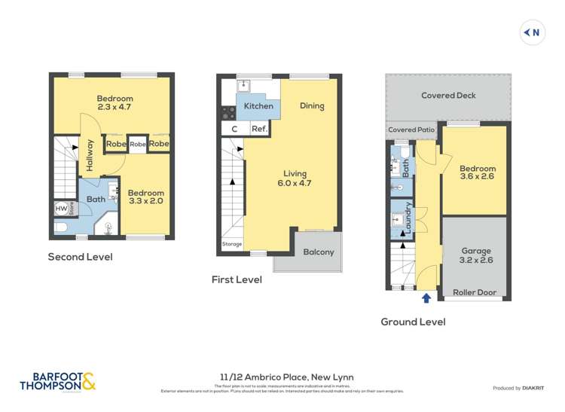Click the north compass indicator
[533, 32]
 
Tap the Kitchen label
[258, 106]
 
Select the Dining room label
[312, 106]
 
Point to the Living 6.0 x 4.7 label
[294, 179]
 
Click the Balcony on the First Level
[318, 252]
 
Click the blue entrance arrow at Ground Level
[426, 298]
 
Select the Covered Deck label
[448, 96]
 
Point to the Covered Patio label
[412, 130]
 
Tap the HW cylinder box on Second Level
[60, 209]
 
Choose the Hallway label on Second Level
[90, 155]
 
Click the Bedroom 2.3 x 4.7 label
[115, 103]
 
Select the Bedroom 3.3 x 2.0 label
[145, 197]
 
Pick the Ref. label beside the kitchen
[259, 129]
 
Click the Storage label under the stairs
[232, 244]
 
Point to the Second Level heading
[80, 257]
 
